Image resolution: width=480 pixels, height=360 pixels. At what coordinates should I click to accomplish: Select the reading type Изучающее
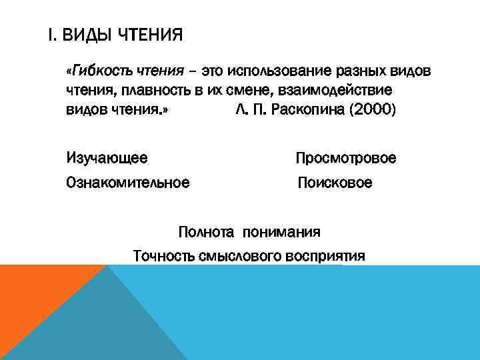click(x=107, y=158)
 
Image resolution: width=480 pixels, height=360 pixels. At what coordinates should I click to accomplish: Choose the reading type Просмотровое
click(x=346, y=158)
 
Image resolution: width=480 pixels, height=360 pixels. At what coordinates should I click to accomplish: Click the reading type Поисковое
click(x=335, y=182)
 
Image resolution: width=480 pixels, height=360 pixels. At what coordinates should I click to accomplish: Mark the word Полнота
click(x=206, y=233)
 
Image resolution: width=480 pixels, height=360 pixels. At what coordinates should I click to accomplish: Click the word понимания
click(x=282, y=233)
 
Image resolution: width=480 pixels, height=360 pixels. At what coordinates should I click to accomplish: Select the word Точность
click(x=164, y=255)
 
